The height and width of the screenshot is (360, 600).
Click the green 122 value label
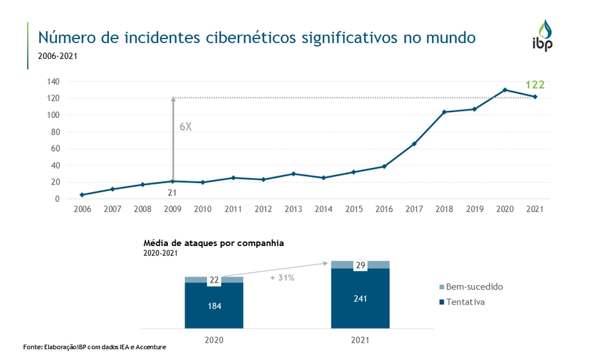coord(535,85)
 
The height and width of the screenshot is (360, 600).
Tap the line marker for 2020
coord(504,90)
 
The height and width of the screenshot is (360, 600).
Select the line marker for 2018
coord(444,112)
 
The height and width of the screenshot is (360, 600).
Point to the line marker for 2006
coord(82,195)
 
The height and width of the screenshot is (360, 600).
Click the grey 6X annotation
coord(185,127)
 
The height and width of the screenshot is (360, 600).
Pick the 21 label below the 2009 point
coord(172,192)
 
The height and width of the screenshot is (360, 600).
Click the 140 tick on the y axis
coord(53,81)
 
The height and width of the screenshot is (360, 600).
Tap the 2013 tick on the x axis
coord(294,209)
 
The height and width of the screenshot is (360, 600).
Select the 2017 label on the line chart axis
coord(414,209)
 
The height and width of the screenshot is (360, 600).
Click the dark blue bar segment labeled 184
coord(214,306)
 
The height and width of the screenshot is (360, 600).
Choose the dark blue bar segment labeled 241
coord(360,298)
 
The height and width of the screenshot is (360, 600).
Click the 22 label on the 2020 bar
coord(214,280)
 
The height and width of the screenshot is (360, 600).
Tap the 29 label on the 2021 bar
coord(360,265)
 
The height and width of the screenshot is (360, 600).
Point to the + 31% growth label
coord(283,278)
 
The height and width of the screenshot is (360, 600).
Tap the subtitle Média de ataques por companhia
coord(213,243)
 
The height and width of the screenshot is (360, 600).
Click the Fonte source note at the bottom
coord(94,347)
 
